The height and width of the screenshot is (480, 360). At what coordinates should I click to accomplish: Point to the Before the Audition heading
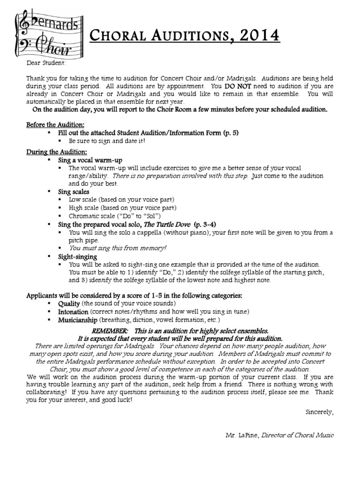pyautogui.click(x=56, y=125)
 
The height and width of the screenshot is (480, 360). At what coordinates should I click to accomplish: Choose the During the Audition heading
pyautogui.click(x=56, y=152)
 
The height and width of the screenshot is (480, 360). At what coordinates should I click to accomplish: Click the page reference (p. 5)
pyautogui.click(x=231, y=133)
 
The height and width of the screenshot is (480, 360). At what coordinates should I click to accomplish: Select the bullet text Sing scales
pyautogui.click(x=74, y=192)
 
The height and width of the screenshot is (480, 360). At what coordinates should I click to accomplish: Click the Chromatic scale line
pyautogui.click(x=115, y=216)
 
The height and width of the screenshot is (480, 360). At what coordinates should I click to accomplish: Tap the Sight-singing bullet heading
pyautogui.click(x=77, y=256)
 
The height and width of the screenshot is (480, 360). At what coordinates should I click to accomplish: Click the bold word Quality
pyautogui.click(x=69, y=304)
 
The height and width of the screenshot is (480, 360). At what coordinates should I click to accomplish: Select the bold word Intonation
pyautogui.click(x=73, y=312)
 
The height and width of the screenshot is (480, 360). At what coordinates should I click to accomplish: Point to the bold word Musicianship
pyautogui.click(x=78, y=320)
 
